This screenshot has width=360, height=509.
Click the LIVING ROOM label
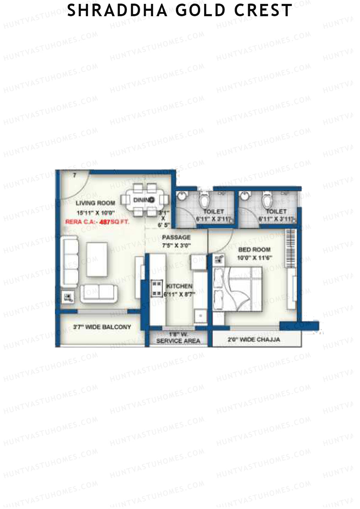coord(95,203)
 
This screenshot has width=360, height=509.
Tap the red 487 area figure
coord(105,222)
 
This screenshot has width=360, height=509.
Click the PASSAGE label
coord(176,237)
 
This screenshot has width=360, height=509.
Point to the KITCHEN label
coord(179,286)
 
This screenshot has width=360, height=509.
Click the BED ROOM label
coord(254,250)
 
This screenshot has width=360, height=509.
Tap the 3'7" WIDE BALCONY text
coord(102,327)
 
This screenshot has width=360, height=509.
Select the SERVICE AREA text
coord(178,341)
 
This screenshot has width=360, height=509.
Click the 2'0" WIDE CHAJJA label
coord(254,340)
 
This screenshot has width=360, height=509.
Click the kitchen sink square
coord(199,315)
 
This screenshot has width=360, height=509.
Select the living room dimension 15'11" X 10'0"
coord(96,213)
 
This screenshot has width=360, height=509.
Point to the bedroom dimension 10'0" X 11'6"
coord(254,258)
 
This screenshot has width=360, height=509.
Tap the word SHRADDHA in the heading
coord(117,10)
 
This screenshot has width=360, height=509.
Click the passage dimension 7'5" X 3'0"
coord(176,245)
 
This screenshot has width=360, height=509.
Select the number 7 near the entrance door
coord(74,175)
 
